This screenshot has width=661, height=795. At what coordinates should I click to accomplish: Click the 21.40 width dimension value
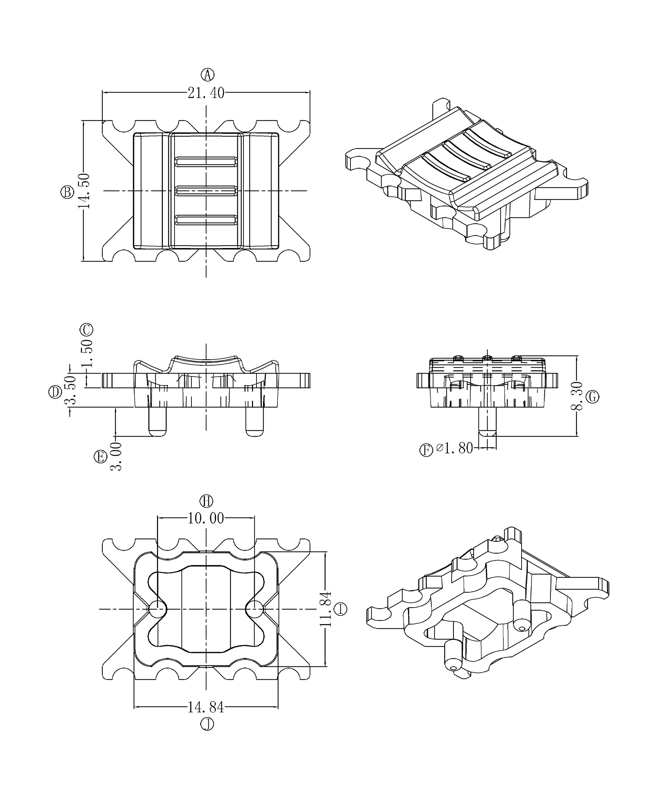pos(206,93)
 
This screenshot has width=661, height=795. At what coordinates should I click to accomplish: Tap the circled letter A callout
pos(207,75)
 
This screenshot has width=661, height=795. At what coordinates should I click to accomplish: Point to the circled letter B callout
pos(67,192)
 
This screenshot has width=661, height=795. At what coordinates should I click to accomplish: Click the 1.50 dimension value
pos(87,353)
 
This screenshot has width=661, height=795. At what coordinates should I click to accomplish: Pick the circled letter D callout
pos(55,392)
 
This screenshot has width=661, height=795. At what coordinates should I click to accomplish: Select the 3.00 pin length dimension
pos(116,456)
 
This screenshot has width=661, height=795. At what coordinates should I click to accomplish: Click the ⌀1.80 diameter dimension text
pos(454,448)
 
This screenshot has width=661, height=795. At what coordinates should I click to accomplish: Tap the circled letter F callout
pos(426,450)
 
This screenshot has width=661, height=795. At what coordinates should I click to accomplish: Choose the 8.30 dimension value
pos(576,396)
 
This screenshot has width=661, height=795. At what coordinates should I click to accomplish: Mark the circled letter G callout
pos(592,397)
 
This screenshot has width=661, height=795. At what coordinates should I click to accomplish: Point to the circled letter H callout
pos(207,501)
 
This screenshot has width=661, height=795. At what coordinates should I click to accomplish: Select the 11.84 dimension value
pos(325,609)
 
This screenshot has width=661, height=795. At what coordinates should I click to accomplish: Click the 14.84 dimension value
pos(206,707)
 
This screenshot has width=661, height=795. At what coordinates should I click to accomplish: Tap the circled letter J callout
pos(207,724)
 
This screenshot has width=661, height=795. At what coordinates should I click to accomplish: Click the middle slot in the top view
pos(206,191)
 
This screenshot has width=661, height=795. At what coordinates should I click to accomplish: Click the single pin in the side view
pos(487,421)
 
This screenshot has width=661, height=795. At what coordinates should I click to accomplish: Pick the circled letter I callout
pos(340,609)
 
